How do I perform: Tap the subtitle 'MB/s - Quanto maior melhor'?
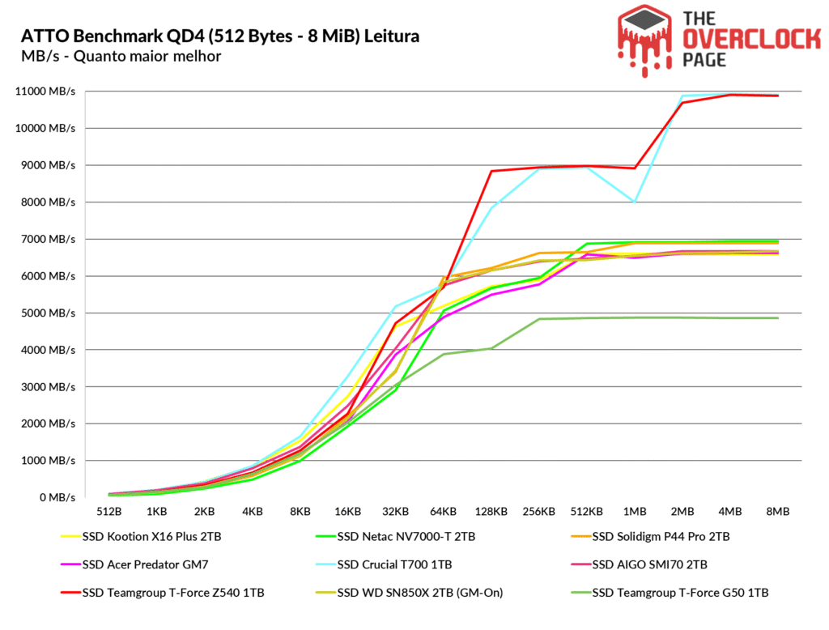click(x=121, y=57)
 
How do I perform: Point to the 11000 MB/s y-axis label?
click(x=46, y=92)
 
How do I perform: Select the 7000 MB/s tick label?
click(x=48, y=240)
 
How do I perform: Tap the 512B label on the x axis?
click(x=108, y=512)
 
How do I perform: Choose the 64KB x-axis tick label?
click(x=443, y=512)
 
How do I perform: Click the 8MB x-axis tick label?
click(x=778, y=512)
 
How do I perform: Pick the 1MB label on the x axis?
click(x=634, y=512)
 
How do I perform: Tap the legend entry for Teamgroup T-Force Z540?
click(x=172, y=592)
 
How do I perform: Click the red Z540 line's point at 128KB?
click(x=491, y=171)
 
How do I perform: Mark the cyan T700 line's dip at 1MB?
click(x=635, y=202)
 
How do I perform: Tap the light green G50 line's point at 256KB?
click(x=539, y=319)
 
